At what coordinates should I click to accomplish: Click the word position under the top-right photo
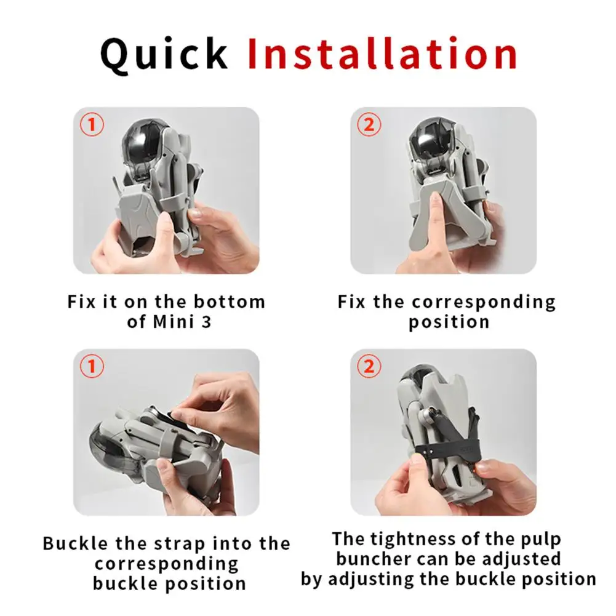(449, 321)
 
